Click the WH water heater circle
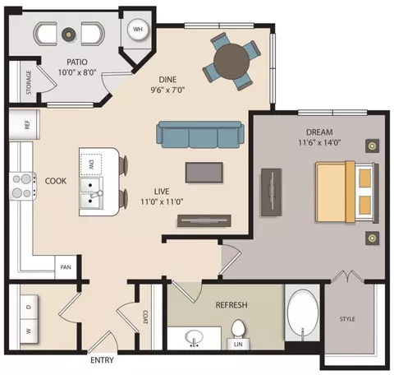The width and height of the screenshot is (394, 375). (x=138, y=29)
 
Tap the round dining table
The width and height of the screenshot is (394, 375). (x=231, y=62)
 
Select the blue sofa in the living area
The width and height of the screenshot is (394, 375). (x=200, y=134)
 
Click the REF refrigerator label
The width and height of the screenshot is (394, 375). (x=27, y=125)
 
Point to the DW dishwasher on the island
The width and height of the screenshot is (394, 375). (x=91, y=164)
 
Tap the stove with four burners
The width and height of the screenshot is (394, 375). (x=23, y=186)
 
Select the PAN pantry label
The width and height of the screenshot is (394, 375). (x=66, y=267)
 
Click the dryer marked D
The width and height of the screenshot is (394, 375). (x=29, y=307)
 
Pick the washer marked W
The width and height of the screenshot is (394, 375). (x=29, y=331)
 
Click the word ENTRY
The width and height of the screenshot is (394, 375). (x=102, y=360)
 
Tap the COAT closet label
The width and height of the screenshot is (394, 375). (x=145, y=317)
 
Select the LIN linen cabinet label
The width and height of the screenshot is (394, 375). (x=238, y=344)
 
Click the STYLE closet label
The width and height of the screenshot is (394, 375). (x=347, y=319)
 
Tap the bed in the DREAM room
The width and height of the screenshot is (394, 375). (x=347, y=192)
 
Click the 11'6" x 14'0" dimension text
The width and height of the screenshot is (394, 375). (x=319, y=142)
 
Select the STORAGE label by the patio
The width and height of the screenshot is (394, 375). (x=29, y=82)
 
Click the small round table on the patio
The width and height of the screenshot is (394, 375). (x=68, y=35)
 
